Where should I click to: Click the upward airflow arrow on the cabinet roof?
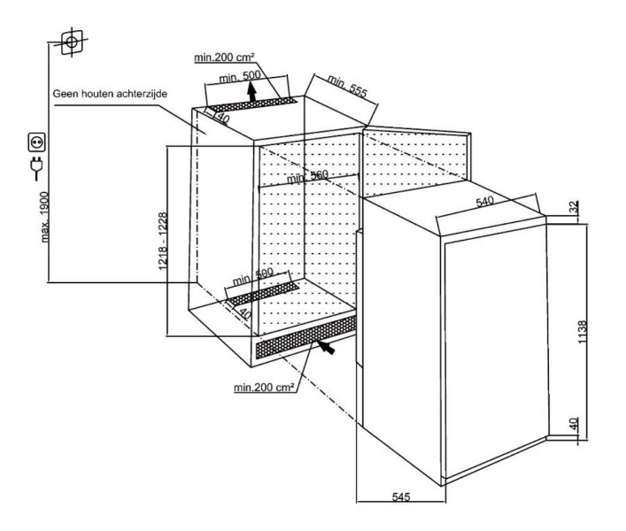pyautogui.click(x=252, y=92)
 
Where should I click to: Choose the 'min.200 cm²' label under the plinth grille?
pyautogui.click(x=265, y=387)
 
